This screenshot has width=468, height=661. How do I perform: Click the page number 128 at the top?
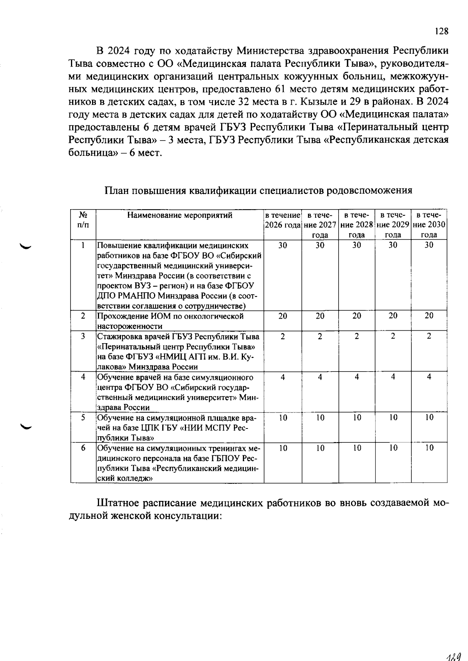441,32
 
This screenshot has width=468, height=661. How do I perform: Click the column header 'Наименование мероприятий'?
180,215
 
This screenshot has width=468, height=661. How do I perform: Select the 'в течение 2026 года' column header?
283,220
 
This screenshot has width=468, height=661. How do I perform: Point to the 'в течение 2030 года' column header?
429,225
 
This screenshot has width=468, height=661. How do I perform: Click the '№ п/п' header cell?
83,220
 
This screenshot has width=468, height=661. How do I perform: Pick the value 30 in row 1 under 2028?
356,245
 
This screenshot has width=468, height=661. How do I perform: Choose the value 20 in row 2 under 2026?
283,316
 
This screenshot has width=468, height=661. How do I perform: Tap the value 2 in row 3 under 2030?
429,336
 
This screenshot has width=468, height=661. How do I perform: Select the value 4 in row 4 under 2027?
320,377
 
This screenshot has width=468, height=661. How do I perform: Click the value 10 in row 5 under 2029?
393,418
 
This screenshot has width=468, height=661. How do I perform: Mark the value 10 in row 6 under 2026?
283,448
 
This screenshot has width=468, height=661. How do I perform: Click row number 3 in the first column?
83,336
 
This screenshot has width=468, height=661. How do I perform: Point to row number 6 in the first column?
83,448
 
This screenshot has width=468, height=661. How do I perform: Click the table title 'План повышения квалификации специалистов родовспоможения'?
258,190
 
